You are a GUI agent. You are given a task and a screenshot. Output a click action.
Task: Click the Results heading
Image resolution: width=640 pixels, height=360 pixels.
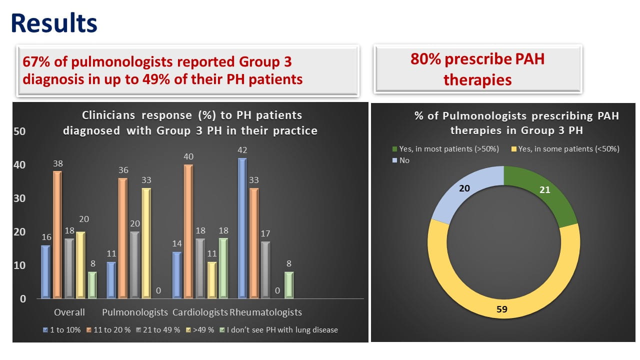pyautogui.click(x=54, y=23)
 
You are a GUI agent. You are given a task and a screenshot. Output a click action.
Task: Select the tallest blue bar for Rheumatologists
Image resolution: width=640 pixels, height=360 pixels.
pyautogui.click(x=242, y=228)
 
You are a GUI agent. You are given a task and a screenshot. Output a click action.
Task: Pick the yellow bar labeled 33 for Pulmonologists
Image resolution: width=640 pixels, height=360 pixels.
pyautogui.click(x=146, y=243)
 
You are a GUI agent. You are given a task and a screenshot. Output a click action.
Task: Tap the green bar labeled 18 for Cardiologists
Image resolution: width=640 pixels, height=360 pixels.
pyautogui.click(x=223, y=268)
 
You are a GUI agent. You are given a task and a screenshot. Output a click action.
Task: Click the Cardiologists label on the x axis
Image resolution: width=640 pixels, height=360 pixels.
pyautogui.click(x=200, y=312)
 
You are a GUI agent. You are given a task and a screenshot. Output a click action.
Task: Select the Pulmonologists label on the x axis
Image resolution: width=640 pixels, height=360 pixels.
pyautogui.click(x=135, y=312)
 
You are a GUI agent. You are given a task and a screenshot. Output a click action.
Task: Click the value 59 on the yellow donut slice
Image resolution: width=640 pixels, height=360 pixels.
pyautogui.click(x=502, y=309)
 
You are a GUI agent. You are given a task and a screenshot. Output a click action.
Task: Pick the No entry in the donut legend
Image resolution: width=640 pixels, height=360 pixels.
pyautogui.click(x=403, y=160)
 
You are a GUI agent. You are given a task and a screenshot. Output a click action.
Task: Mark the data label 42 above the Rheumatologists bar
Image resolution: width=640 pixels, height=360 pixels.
pyautogui.click(x=242, y=150)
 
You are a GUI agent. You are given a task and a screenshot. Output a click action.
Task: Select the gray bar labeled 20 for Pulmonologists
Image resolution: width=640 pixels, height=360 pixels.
pyautogui.click(x=135, y=265)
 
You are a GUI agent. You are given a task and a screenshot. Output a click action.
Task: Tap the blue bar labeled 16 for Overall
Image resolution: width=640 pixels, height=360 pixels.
pyautogui.click(x=45, y=272)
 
